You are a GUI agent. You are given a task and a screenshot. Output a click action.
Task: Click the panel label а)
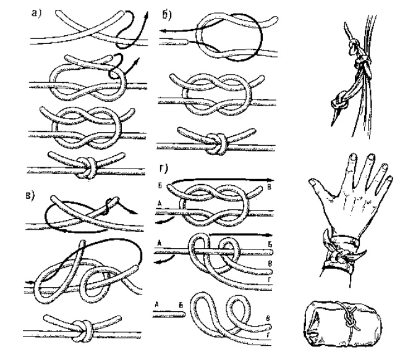[36, 13]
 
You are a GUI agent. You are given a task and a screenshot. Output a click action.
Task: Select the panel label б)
[167, 15]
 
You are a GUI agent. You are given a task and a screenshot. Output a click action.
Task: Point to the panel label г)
[163, 169]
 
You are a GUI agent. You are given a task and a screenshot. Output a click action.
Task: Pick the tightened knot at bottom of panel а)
[87, 167]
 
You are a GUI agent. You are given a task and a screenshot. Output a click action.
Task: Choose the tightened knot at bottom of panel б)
[218, 144]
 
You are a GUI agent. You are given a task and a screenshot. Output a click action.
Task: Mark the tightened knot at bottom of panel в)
[83, 331]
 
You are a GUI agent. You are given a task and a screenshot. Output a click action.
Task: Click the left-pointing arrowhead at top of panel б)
[163, 31]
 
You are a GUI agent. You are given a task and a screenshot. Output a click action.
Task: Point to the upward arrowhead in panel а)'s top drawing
[147, 15]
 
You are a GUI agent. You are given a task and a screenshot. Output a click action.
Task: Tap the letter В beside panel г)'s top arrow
[269, 187]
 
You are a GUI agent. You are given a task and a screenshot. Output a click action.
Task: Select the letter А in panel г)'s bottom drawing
[157, 304]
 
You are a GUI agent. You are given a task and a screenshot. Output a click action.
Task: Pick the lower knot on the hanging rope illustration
[339, 103]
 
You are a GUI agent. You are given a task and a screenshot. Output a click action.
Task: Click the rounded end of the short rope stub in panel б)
[187, 41]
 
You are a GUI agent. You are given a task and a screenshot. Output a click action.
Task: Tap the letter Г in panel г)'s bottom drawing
[268, 335]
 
